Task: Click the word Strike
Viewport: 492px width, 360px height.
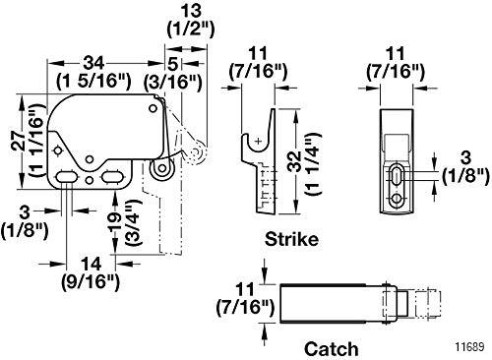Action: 291,239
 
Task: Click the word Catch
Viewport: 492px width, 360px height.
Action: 331,349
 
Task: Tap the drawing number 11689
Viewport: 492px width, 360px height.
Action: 469,347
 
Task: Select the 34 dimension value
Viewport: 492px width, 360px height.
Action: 93,63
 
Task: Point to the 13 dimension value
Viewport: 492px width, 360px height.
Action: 191,11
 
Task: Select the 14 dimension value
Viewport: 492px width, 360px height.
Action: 91,264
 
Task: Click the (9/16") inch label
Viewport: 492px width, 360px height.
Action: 91,281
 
